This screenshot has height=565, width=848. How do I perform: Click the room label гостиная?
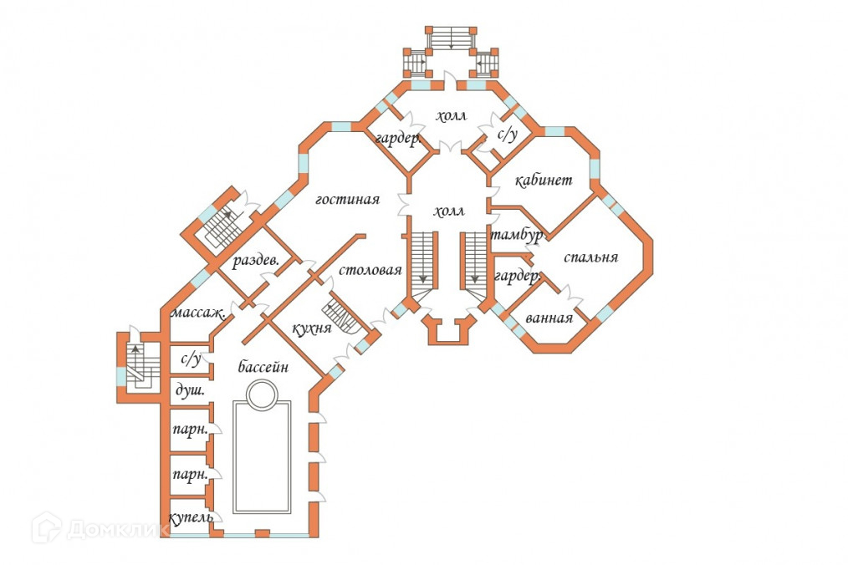tap(348, 200)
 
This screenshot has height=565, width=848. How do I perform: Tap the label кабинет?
tap(543, 181)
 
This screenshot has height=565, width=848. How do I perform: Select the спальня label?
tap(590, 257)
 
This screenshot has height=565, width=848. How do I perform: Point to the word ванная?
tap(549, 318)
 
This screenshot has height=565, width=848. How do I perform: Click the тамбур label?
tap(517, 235)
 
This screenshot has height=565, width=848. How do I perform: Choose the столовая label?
tap(370, 271)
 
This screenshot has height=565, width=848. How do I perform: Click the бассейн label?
tap(263, 367)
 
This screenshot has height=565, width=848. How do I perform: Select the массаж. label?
tap(197, 314)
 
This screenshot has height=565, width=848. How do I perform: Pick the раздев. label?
tap(255, 261)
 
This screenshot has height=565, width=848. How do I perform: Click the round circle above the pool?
tap(261, 394)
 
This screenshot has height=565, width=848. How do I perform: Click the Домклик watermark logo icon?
tap(47, 528)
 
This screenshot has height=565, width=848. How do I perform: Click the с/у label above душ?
tap(191, 359)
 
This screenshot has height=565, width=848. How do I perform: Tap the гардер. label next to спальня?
tap(513, 277)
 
